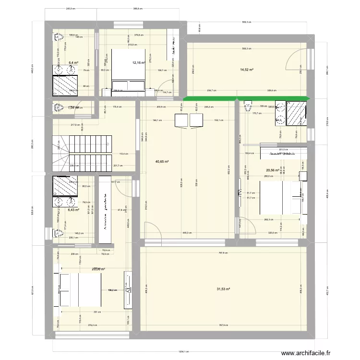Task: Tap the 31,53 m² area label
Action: pos(224,289)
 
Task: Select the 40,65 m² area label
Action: pos(162,162)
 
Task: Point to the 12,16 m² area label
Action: pos(138,63)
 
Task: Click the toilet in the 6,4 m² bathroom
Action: pos(59,37)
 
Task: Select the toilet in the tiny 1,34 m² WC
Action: pos(58,108)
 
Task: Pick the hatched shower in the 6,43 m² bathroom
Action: pos(64,186)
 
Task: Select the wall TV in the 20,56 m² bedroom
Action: pos(240,193)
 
